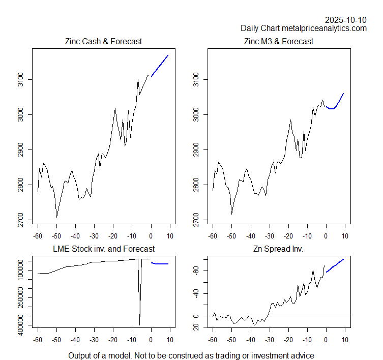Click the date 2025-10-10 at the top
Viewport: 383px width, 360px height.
click(x=345, y=20)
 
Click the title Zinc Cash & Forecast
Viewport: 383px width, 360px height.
click(x=103, y=41)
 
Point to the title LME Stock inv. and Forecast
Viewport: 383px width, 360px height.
click(x=104, y=249)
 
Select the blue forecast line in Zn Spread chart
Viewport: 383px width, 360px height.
click(x=336, y=265)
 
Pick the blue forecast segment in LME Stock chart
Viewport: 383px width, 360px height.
click(x=161, y=263)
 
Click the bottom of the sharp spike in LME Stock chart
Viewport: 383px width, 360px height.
click(x=139, y=324)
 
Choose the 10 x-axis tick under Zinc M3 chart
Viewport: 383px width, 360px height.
click(x=345, y=235)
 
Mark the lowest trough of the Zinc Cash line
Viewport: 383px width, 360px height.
click(x=56, y=217)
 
